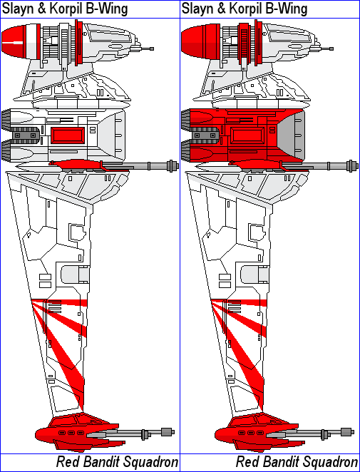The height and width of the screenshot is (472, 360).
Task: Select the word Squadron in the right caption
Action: pyautogui.click(x=334, y=462)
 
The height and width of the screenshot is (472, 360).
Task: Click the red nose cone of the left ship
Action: pyautogui.click(x=13, y=41)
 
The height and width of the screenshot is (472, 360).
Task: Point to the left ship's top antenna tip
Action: pyautogui.click(x=152, y=48)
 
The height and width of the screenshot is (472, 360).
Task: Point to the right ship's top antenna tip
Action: pyautogui.click(x=331, y=48)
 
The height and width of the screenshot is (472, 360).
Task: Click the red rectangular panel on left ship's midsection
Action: pyautogui.click(x=68, y=135)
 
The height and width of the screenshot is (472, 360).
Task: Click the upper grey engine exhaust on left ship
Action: pyautogui.click(x=6, y=120)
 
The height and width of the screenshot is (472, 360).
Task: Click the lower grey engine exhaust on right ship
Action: pyautogui.click(x=186, y=150)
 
